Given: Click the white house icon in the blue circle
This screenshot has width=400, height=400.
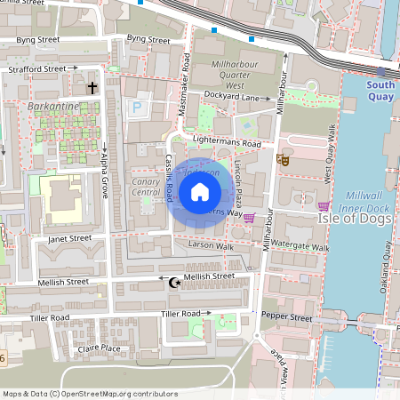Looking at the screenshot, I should point(200,192).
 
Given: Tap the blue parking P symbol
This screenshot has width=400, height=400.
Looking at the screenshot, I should point(137,108).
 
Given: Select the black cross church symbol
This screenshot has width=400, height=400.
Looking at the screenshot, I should point(92,88).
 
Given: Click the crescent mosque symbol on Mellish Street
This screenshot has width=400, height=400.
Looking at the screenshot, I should point(174,283).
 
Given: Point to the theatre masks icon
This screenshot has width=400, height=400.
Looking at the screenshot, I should point(284,160).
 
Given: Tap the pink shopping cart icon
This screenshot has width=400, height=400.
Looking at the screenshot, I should point(250,217).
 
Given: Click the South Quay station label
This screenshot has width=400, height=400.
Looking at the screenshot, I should point(380,92).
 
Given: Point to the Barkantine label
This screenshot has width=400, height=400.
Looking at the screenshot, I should point(53,107).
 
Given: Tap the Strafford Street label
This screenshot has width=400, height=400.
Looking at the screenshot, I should point(37,68).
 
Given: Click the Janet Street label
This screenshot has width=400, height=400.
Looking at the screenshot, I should point(69,238).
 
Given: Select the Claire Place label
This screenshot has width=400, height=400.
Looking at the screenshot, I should point(100,348).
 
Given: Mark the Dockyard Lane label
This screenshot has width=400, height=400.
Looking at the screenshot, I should point(236,97).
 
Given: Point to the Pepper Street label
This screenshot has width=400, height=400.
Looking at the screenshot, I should point(288,317).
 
